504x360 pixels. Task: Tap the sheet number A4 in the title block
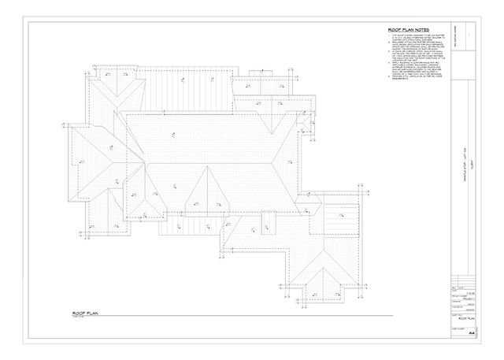[x=471, y=333]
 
